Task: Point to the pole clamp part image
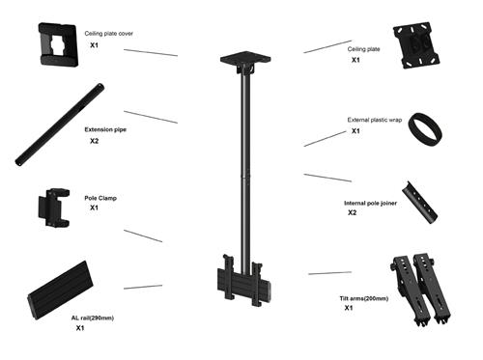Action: coord(53,208)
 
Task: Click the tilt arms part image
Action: coord(421,287)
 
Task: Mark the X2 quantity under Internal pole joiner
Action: coord(353,213)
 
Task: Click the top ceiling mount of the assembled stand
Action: coord(241,62)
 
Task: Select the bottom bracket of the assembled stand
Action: coord(242,281)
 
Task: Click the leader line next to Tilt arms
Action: coord(329,273)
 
